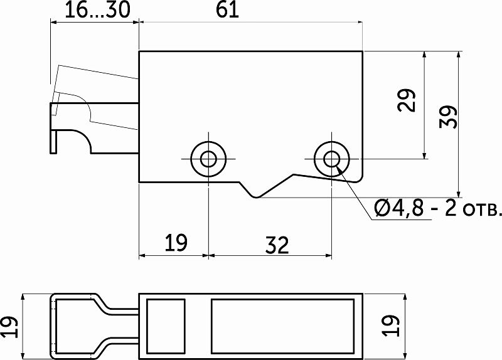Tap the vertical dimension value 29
(x=407, y=100)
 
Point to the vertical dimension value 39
(x=449, y=117)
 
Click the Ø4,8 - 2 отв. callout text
(x=437, y=209)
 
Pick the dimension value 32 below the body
(x=277, y=245)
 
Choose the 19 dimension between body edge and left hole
(x=176, y=243)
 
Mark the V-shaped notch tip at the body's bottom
(x=256, y=198)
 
